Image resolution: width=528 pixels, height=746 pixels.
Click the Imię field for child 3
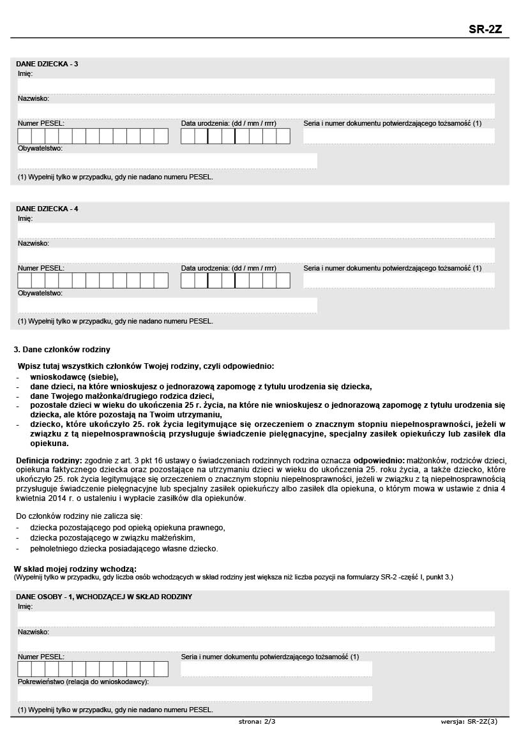[x=255, y=86]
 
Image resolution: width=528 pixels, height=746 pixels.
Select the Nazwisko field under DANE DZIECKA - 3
[x=255, y=111]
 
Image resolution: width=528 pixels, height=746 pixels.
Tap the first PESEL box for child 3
[x=24, y=136]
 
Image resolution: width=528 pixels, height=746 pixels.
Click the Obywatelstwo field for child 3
[x=167, y=161]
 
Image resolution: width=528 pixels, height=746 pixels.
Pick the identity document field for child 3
[x=398, y=136]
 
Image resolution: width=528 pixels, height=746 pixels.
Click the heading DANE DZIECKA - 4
[x=47, y=209]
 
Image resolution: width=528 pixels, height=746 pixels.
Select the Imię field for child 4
[x=255, y=230]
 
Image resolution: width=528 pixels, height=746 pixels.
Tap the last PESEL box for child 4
[x=161, y=280]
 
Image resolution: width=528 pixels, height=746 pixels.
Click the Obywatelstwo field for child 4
[x=167, y=306]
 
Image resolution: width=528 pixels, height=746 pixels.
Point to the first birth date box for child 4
[x=188, y=280]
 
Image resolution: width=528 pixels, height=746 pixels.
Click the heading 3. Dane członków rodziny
[x=62, y=349]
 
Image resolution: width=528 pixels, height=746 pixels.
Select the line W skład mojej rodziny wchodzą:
[x=75, y=569]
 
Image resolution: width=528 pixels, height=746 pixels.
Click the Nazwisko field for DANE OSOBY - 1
[x=255, y=644]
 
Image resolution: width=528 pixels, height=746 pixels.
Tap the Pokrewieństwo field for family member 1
[x=195, y=694]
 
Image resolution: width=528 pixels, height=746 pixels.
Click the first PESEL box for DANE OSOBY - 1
[x=24, y=669]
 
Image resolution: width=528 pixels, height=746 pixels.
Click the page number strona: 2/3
[x=257, y=722]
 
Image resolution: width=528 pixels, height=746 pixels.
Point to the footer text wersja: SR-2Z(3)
[x=469, y=722]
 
